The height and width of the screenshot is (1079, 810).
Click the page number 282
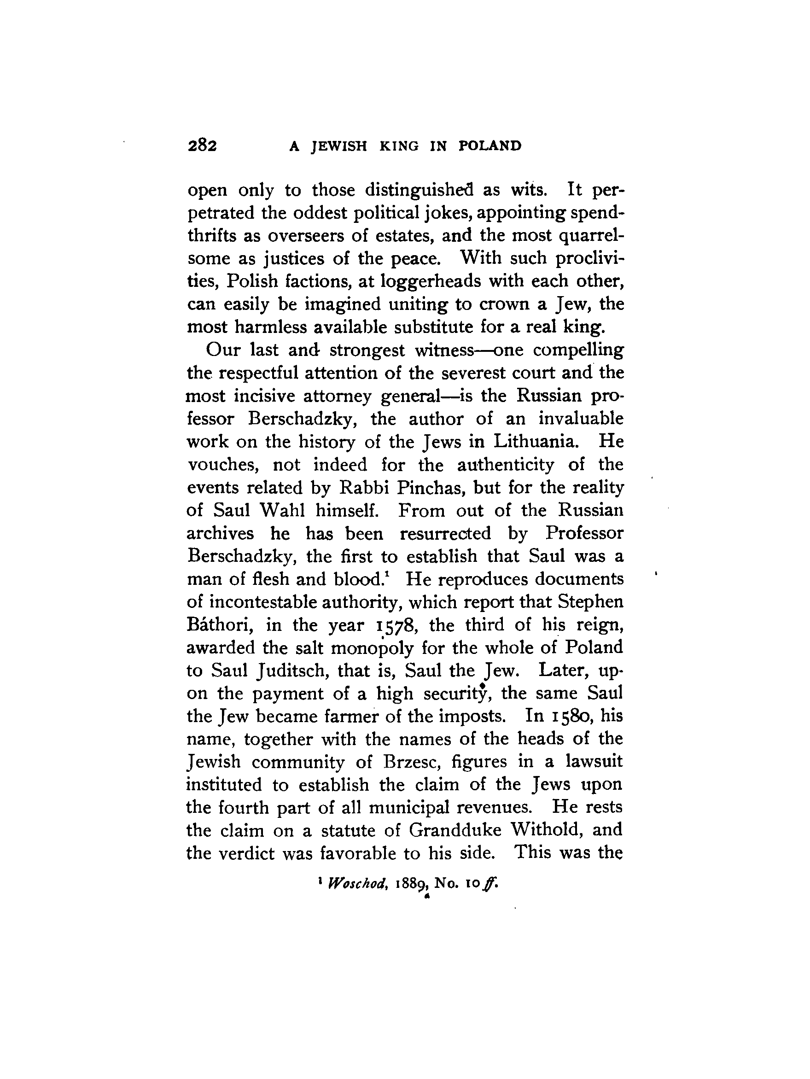[x=202, y=146]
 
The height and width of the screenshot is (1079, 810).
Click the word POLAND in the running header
[x=490, y=146]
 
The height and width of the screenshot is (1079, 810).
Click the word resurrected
[x=445, y=533]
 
